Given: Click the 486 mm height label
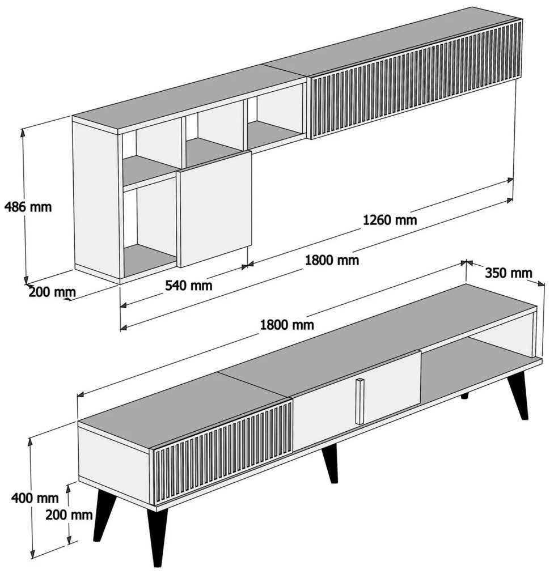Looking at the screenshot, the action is pos(28,207).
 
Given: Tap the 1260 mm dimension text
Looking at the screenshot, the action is pos(390,220).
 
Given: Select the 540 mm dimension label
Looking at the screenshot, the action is pos(188,285).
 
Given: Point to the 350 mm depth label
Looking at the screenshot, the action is pos(508,273).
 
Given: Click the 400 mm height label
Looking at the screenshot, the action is pos(35,498).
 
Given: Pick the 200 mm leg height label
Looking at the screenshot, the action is pos(69,515).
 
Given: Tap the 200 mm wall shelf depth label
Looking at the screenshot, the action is pos(52,292).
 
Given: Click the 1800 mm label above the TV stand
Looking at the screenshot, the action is pos(287,325).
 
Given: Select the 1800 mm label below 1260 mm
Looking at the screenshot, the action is pos(332,260).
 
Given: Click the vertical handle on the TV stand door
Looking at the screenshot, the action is pos(360,401).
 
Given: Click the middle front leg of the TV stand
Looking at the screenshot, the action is pos(330,464).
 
